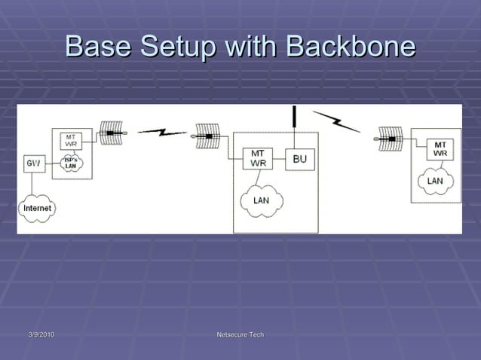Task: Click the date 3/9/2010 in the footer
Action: coord(41,334)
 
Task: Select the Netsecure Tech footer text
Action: coord(240,334)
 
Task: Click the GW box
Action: coord(33,163)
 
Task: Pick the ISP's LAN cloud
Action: coord(70,163)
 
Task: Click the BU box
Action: coord(299,159)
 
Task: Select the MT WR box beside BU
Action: coord(257,159)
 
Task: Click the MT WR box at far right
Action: coord(440,149)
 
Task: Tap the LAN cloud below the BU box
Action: coord(261,200)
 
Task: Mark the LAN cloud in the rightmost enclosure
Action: coord(435,182)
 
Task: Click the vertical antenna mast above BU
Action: coord(296,117)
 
